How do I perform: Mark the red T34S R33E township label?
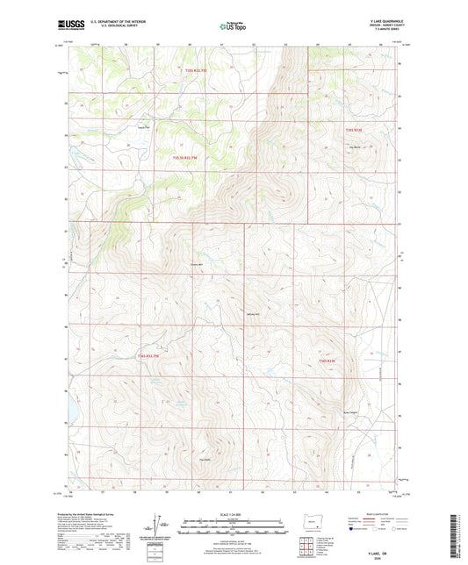328,361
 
